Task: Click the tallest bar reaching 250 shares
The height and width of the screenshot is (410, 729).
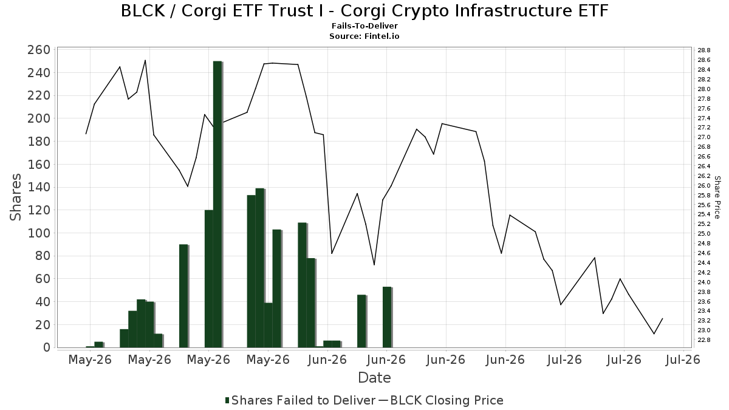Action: [x=217, y=204]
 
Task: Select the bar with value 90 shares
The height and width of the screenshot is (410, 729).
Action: [x=183, y=296]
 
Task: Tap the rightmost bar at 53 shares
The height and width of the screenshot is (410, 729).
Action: [x=387, y=317]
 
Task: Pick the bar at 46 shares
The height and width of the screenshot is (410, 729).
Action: [x=361, y=321]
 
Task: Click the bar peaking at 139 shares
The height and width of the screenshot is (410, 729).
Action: [x=260, y=268]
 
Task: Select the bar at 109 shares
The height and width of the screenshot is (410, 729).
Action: [x=302, y=285]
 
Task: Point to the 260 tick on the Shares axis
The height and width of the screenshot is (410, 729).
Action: [x=39, y=50]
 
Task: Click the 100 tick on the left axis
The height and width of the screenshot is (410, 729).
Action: [x=39, y=233]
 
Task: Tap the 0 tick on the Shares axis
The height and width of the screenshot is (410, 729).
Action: [x=47, y=348]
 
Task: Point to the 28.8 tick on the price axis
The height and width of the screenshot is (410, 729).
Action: [x=704, y=50]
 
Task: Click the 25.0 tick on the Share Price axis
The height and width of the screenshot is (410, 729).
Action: [x=704, y=234]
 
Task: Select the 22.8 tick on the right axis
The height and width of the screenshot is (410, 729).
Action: [x=704, y=340]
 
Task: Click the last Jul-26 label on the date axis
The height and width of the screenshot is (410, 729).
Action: [x=683, y=360]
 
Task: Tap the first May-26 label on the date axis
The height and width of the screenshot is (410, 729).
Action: [x=90, y=360]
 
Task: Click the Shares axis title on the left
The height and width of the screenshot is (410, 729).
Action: [x=15, y=197]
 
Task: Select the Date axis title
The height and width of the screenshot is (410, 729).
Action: [x=374, y=378]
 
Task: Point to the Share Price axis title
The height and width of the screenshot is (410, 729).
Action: [x=717, y=197]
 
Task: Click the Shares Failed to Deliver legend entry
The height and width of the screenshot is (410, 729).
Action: [x=300, y=400]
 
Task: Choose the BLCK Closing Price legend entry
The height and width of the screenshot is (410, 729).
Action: [x=441, y=400]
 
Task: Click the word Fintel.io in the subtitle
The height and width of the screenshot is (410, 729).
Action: [x=382, y=36]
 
